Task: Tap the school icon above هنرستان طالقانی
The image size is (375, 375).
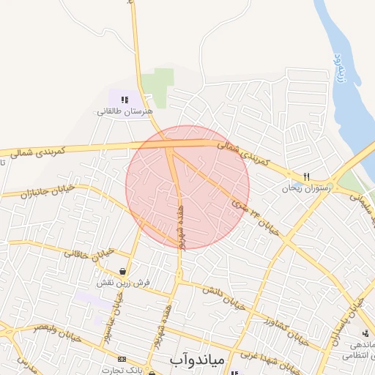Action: coord(125,100)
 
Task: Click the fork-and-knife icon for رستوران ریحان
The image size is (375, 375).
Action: coord(307,177)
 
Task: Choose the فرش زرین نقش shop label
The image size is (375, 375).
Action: coord(124,282)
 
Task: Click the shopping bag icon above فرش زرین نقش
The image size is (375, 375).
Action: coord(130,271)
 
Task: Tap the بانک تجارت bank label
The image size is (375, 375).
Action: coord(123,370)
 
